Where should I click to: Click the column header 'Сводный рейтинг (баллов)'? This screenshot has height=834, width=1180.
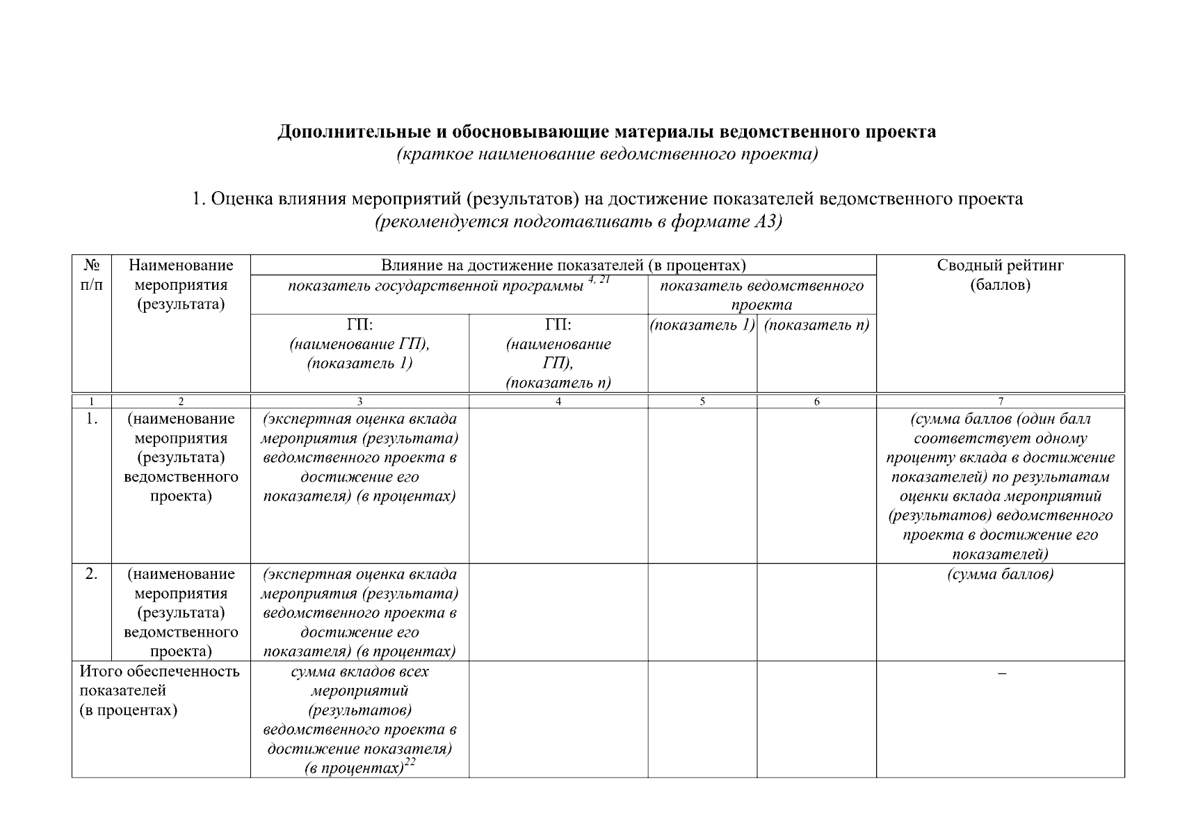1000,275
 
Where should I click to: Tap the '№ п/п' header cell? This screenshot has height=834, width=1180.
91,275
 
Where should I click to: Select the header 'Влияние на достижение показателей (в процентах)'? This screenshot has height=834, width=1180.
563,265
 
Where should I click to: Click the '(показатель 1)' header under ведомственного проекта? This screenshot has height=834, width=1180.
702,325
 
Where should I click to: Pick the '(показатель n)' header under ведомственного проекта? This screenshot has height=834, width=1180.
816,325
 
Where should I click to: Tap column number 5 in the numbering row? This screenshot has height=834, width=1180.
702,401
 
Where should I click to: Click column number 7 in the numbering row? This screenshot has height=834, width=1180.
1000,401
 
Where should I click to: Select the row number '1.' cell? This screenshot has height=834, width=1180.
91,419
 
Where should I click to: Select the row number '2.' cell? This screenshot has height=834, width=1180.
91,574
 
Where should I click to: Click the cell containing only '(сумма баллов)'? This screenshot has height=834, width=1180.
1000,574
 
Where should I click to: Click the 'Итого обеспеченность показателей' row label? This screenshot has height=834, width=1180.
160,690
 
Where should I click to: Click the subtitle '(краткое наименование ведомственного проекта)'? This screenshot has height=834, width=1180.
606,154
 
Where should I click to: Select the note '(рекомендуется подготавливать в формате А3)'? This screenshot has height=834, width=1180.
579,222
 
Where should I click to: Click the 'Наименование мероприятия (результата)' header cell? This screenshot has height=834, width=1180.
181,284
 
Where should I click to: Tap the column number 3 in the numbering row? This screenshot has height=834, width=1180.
359,401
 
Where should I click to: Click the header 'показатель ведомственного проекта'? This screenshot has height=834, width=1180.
761,295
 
